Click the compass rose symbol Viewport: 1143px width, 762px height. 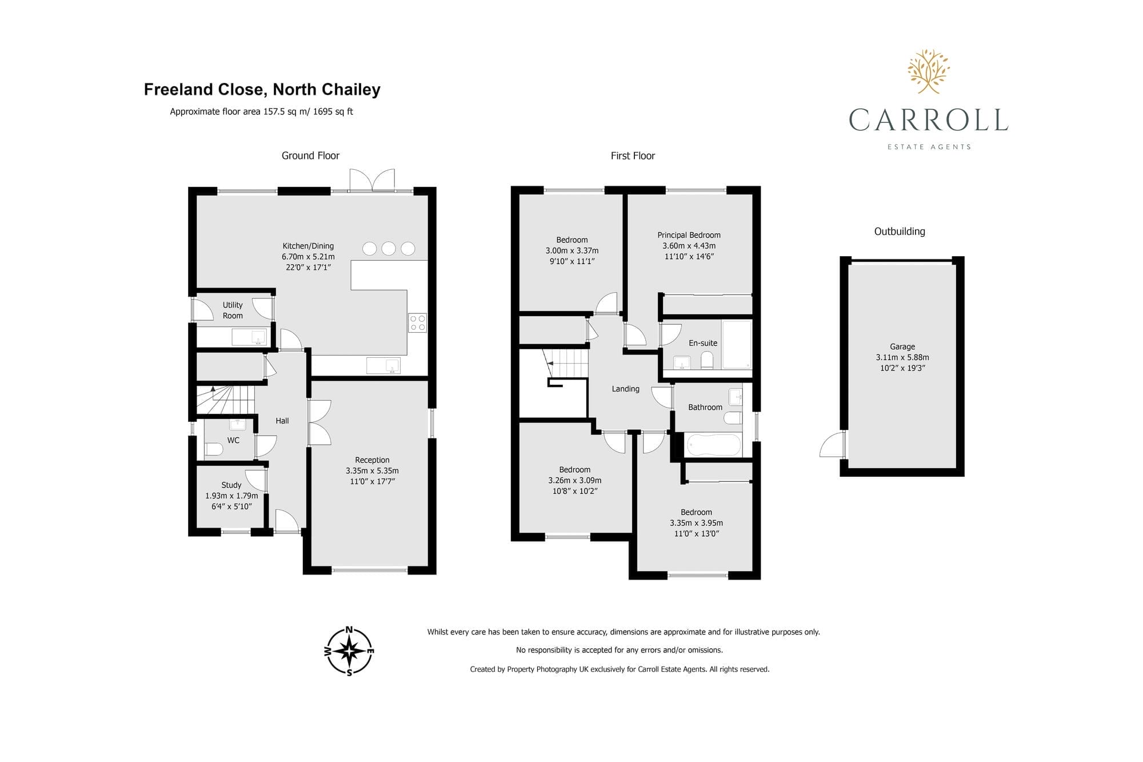[349, 651]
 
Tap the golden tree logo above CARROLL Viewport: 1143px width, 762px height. [929, 71]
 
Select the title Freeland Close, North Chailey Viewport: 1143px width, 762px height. [262, 90]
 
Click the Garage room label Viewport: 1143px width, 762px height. [902, 346]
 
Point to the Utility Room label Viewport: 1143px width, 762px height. [233, 310]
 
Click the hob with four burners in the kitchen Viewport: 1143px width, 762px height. [417, 323]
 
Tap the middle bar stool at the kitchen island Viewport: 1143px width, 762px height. [389, 248]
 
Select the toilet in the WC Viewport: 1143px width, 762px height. [214, 449]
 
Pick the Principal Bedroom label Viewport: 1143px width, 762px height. [689, 235]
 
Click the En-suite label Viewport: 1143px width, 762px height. [703, 343]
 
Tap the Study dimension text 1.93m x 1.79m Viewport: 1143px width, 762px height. [231, 496]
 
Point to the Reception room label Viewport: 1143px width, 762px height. [372, 460]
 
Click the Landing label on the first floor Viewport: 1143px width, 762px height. [626, 389]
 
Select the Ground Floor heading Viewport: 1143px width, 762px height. [310, 155]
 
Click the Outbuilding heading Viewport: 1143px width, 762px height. [900, 232]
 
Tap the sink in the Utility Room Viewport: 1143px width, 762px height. [249, 337]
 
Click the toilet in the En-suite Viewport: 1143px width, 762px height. [707, 360]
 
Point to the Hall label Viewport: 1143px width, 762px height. [282, 421]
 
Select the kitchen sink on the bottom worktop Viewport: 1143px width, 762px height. [383, 365]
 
